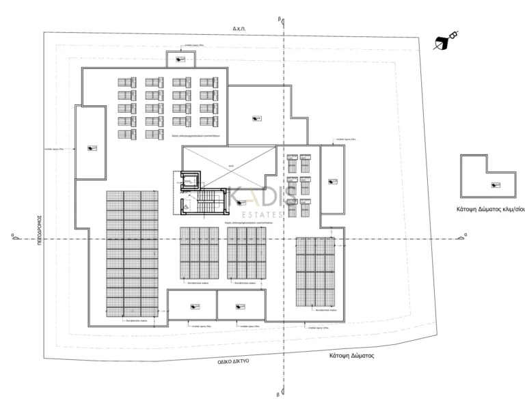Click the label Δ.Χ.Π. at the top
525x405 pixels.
239,29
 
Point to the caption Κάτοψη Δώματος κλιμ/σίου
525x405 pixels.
489,210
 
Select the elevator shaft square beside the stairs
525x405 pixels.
187,181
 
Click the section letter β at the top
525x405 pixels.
279,20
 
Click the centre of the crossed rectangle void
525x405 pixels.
230,166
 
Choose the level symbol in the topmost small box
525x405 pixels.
180,61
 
